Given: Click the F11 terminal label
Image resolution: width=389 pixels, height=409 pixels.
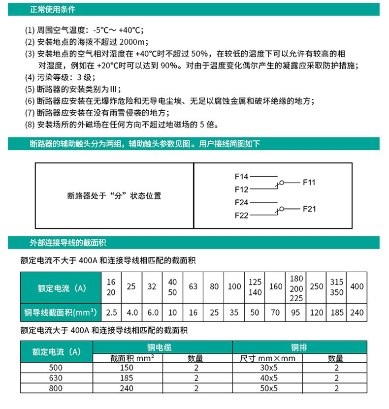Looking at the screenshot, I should (x=309, y=183).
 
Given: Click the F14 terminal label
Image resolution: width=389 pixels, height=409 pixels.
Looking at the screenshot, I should (x=242, y=176).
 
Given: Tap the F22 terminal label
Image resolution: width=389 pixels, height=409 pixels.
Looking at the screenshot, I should (x=242, y=216).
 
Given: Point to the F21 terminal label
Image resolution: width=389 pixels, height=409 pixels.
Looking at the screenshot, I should (x=309, y=209).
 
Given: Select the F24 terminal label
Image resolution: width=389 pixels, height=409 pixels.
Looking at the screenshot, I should (x=242, y=202).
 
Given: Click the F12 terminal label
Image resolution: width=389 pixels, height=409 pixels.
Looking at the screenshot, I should (x=242, y=189).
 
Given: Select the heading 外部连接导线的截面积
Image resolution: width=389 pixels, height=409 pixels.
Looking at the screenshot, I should (x=68, y=243).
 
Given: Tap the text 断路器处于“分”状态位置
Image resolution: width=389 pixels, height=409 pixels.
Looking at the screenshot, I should (x=114, y=196).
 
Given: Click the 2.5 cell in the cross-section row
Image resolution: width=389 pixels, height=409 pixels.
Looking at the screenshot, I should (x=111, y=312).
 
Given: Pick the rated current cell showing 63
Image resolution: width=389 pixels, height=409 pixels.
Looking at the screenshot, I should (x=193, y=286).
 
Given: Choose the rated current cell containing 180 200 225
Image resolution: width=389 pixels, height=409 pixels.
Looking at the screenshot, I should (x=296, y=287).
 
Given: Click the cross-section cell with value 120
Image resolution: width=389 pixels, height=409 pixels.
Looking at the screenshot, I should (x=317, y=312).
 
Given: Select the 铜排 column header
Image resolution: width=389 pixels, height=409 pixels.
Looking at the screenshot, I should (x=299, y=347).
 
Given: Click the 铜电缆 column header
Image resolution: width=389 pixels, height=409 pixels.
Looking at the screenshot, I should (x=163, y=347).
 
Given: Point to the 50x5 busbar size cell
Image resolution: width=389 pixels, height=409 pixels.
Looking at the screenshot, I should (x=269, y=388).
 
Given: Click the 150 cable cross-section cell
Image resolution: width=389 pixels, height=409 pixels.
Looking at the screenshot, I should (x=127, y=369).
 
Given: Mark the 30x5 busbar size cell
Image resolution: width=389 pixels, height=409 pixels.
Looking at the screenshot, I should (x=269, y=369).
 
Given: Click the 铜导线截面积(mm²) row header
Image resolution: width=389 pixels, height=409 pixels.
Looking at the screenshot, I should (x=60, y=312).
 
